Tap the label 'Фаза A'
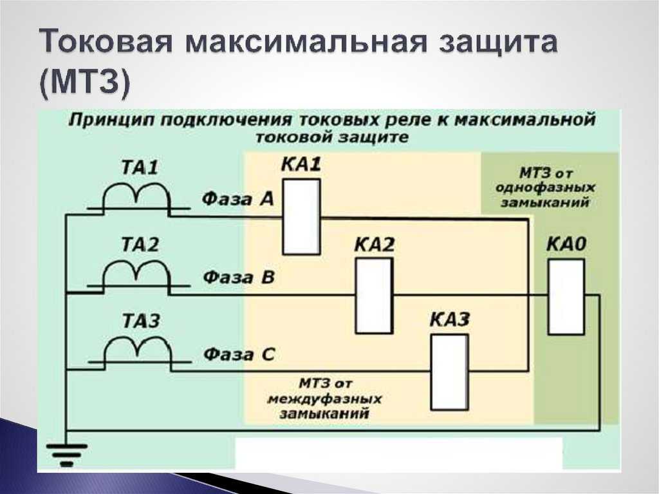coord(238,198)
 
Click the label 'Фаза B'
coord(238,278)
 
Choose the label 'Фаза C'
coord(239,355)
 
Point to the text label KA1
coord(301,164)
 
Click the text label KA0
coord(566,244)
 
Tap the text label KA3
coord(450,320)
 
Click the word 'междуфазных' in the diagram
coord(324,398)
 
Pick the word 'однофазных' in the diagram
coord(545,187)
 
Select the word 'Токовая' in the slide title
coord(106,42)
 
